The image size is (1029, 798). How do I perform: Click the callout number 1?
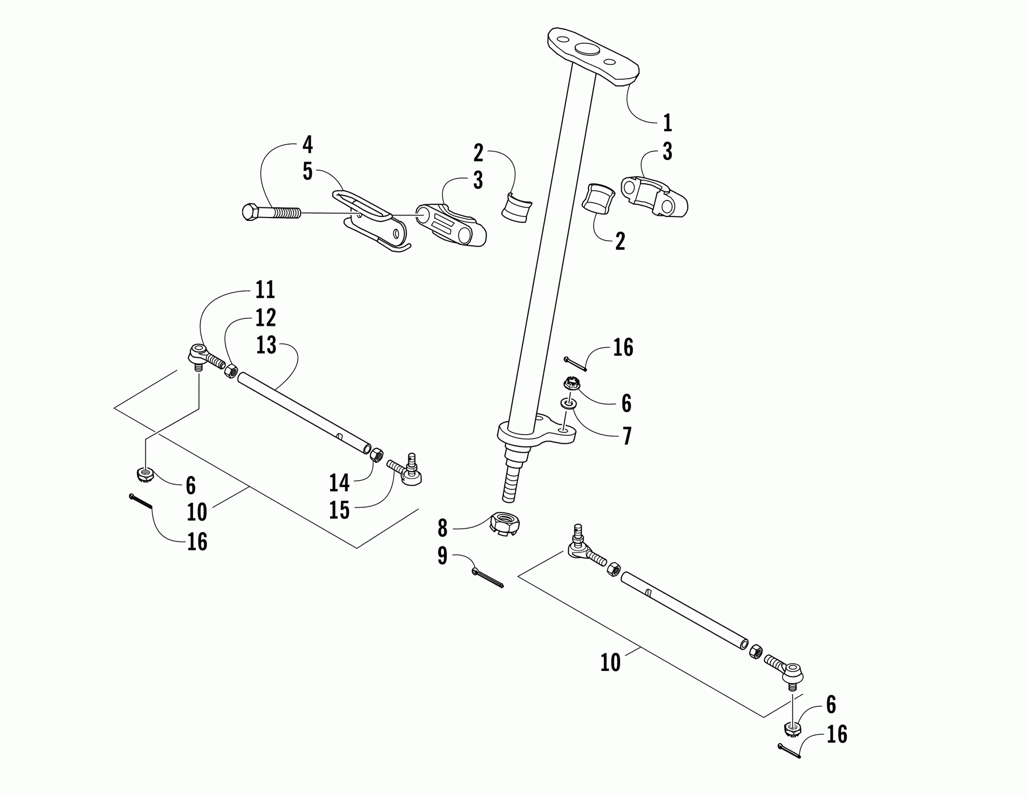[667, 123]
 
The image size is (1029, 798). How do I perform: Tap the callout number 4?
[307, 145]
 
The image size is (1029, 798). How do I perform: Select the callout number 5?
[307, 171]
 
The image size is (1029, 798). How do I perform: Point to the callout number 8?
[442, 528]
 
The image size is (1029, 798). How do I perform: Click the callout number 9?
[442, 556]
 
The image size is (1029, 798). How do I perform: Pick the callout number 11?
[265, 290]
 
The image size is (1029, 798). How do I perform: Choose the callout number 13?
[266, 345]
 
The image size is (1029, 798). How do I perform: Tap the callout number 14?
[339, 483]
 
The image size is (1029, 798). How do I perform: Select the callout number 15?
[339, 510]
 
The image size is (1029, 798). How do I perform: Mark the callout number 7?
[626, 436]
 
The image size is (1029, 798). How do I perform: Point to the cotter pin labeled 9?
[488, 578]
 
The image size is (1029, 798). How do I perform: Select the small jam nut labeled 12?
[231, 370]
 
